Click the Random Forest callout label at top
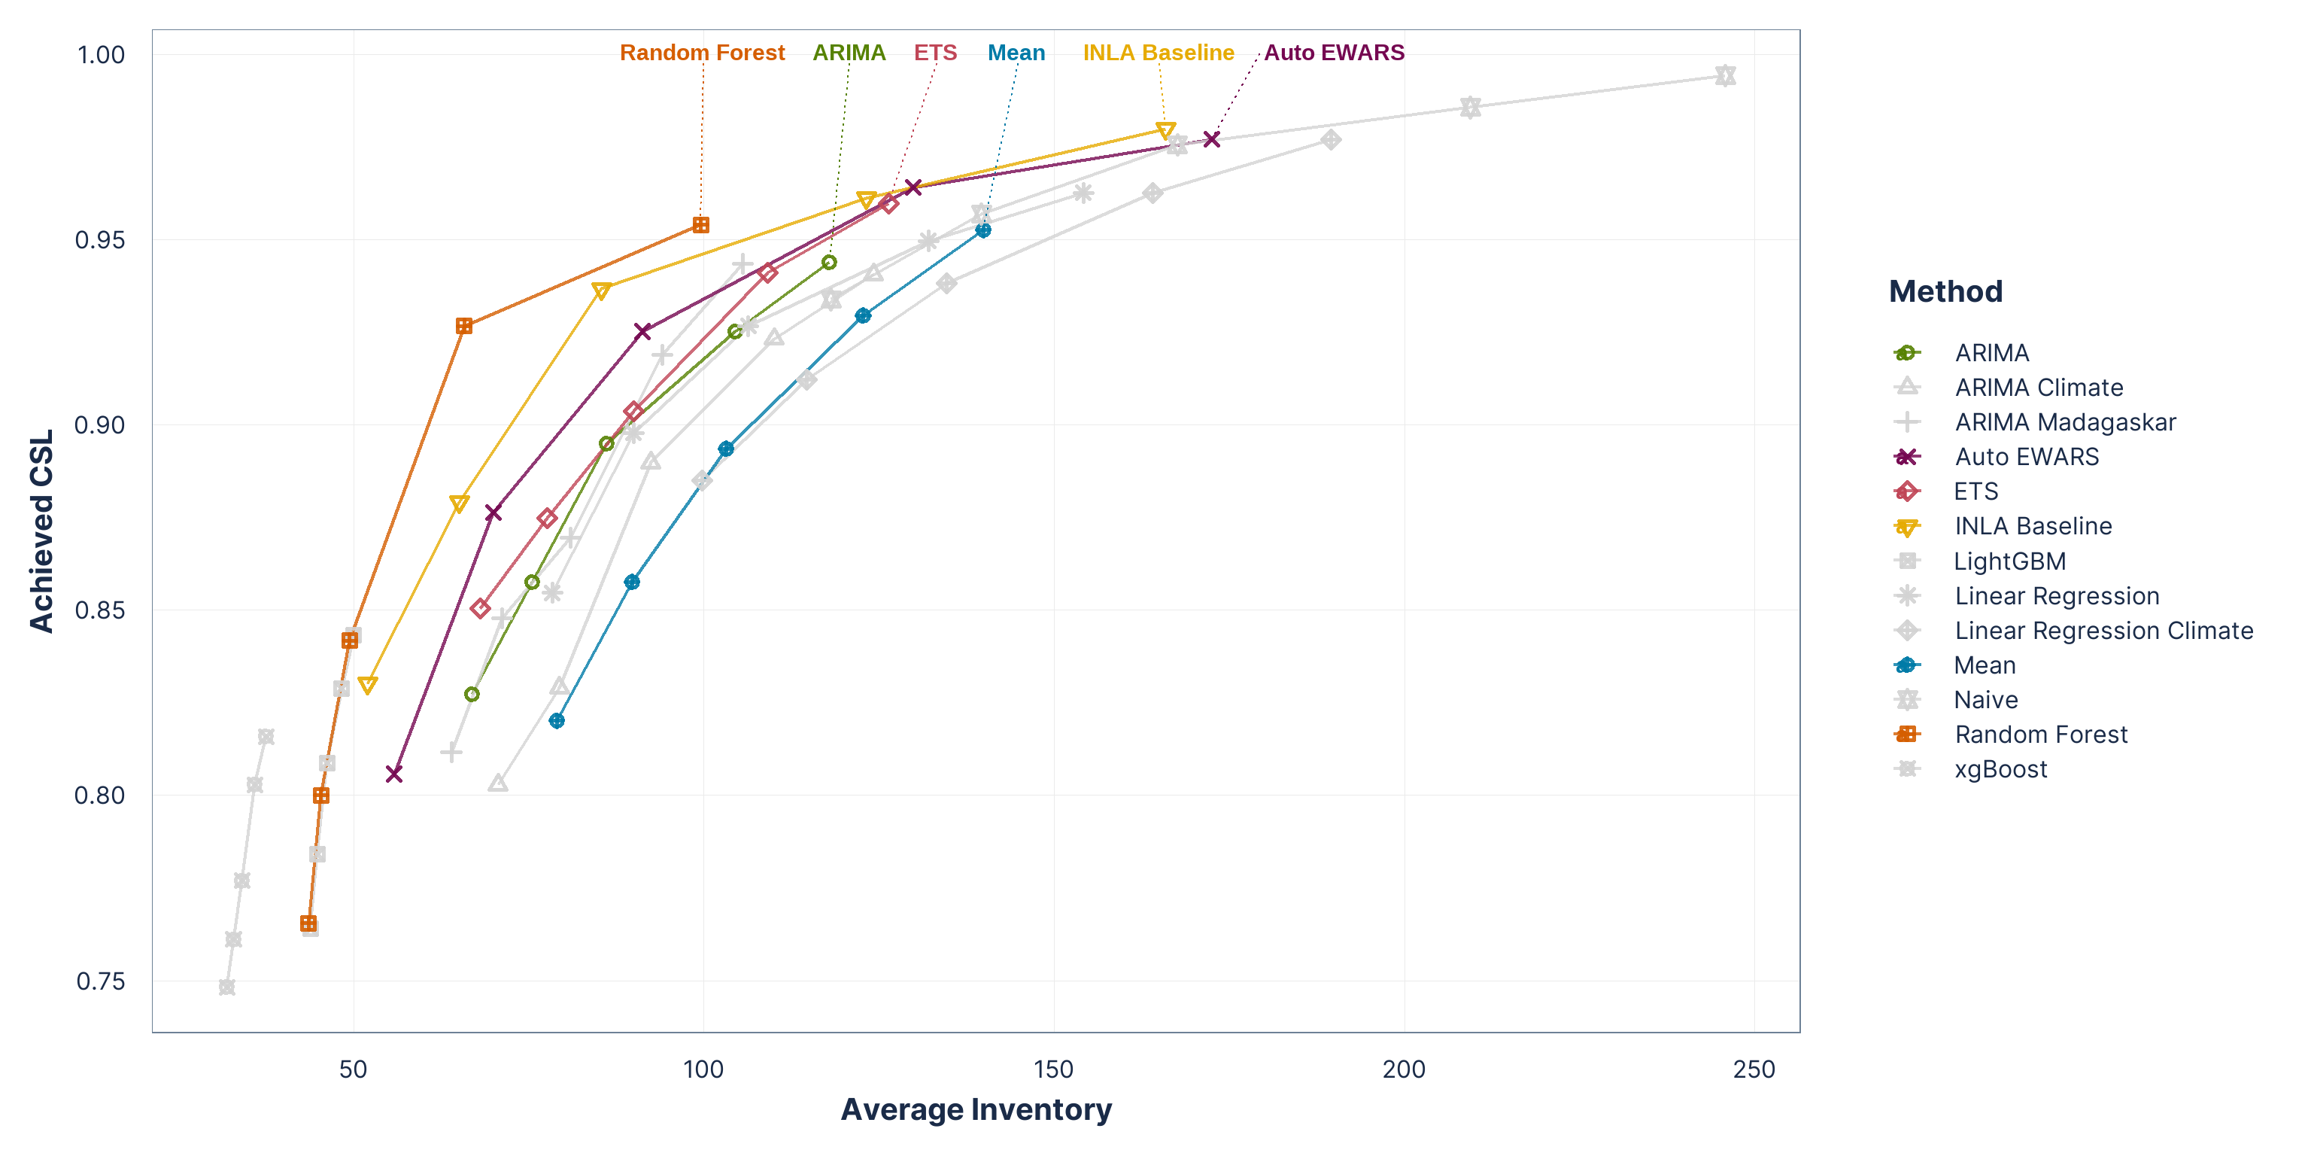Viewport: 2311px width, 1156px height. point(702,53)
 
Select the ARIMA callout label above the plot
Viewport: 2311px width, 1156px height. point(849,53)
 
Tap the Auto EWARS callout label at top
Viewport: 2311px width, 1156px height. point(1333,53)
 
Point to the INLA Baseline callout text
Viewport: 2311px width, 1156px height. point(1159,53)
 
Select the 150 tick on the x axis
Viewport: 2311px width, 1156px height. point(1053,1069)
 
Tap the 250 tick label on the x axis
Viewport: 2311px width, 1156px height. point(1754,1069)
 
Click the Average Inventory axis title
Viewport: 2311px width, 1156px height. point(976,1110)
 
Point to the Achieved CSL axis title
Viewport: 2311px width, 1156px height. point(42,531)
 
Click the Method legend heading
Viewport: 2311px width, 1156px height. point(1945,292)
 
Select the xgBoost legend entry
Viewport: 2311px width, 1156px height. point(2000,769)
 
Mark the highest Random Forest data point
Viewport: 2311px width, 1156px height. point(700,225)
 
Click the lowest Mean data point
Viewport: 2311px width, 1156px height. point(557,721)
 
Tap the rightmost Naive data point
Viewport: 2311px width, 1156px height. point(1725,75)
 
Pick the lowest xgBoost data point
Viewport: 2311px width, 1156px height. point(227,987)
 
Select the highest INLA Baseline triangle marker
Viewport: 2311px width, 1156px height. point(1165,131)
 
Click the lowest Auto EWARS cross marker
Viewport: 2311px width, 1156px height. point(394,774)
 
